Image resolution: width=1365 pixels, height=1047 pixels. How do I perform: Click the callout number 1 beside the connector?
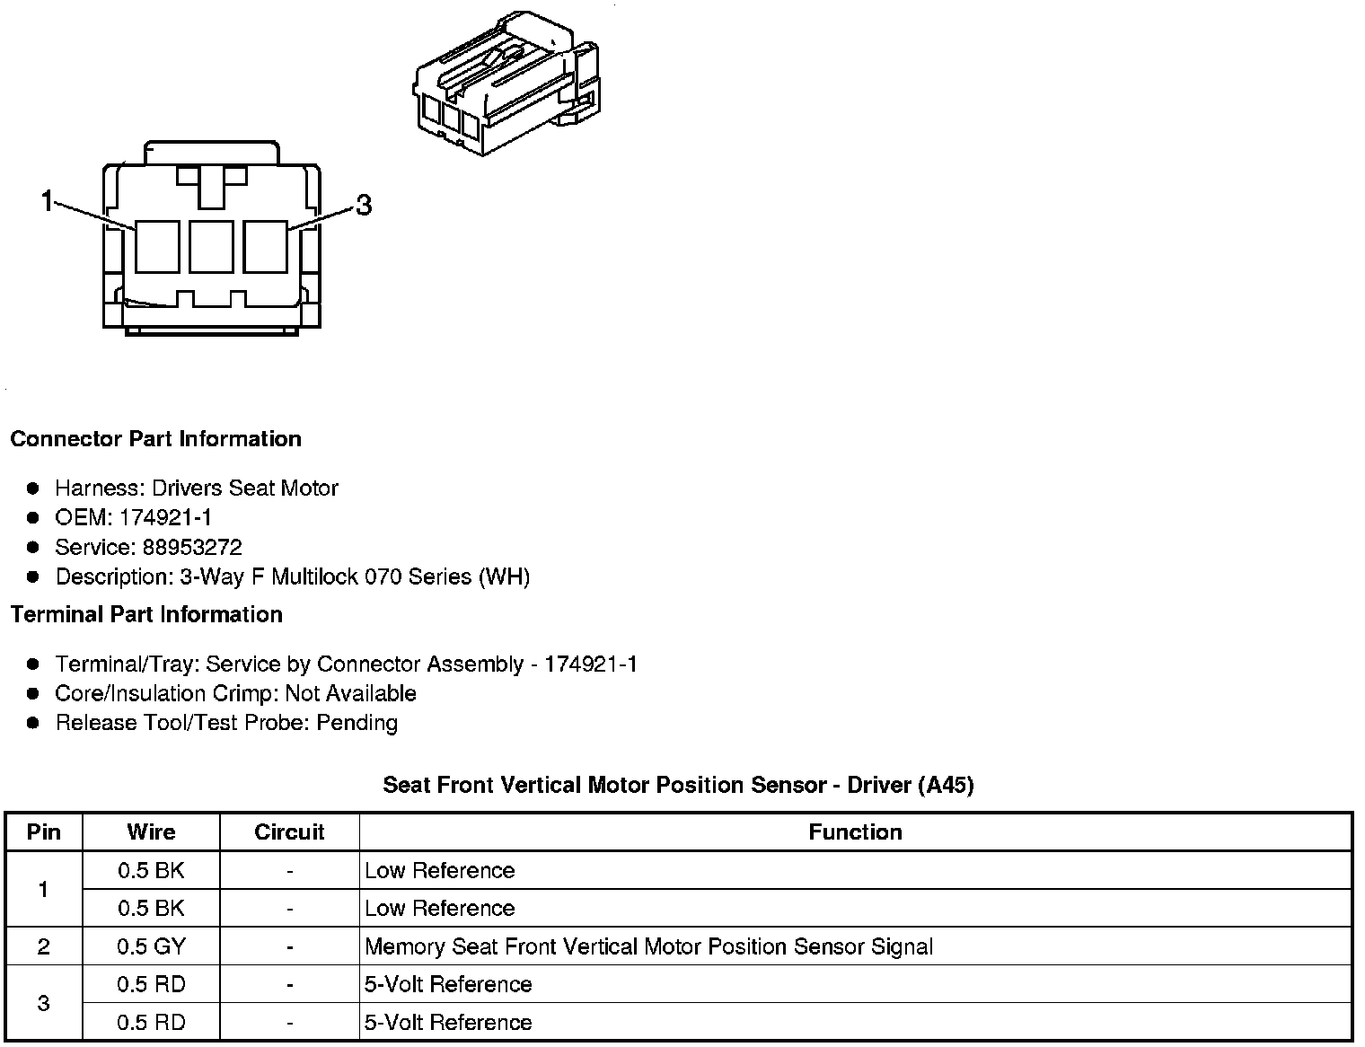(x=48, y=201)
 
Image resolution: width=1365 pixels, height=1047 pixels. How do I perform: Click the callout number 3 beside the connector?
(x=363, y=206)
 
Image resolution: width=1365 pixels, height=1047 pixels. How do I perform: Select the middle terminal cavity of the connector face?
(x=211, y=246)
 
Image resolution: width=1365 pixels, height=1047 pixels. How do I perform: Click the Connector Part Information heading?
(x=155, y=439)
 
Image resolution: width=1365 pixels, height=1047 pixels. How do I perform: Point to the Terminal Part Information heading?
(x=146, y=614)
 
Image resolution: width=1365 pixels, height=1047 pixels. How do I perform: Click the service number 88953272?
(x=192, y=547)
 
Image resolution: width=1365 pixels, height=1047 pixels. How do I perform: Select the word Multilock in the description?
(x=314, y=576)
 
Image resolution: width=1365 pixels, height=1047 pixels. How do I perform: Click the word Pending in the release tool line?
(x=357, y=723)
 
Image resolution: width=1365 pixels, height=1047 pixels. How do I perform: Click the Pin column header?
(x=44, y=831)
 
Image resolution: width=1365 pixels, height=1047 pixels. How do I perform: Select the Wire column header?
(x=151, y=831)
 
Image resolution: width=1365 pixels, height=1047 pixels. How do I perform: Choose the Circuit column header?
(x=289, y=831)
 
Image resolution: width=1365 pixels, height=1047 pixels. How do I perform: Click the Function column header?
(x=855, y=831)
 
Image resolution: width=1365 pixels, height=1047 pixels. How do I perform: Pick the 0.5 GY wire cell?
(x=151, y=946)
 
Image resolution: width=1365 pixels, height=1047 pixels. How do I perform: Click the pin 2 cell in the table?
(x=44, y=946)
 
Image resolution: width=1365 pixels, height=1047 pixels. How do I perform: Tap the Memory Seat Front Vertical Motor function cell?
(x=648, y=946)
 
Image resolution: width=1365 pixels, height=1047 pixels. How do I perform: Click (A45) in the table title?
(x=946, y=785)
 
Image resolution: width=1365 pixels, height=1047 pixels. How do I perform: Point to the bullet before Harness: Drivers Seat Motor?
(x=34, y=488)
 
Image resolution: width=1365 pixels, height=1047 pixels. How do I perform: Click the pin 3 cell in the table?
(x=44, y=1003)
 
